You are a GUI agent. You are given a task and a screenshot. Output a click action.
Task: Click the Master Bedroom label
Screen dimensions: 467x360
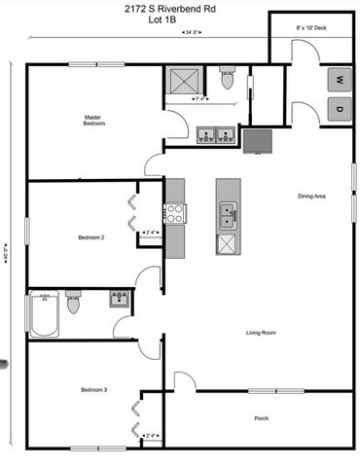[93, 121]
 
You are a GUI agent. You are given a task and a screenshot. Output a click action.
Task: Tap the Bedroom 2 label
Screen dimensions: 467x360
[91, 236]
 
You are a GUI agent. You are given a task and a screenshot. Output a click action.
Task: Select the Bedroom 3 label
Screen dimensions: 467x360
[93, 390]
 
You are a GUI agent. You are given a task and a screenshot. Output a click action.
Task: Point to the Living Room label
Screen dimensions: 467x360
[261, 333]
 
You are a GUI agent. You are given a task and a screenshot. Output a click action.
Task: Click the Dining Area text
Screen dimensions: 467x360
[311, 197]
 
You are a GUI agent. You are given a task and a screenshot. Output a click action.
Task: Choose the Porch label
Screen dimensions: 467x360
[261, 418]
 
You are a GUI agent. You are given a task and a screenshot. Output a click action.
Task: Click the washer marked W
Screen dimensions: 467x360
[339, 79]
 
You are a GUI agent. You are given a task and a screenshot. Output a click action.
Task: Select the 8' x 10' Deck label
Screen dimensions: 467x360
[311, 28]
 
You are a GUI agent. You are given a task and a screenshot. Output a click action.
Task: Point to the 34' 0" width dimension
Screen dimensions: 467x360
[191, 33]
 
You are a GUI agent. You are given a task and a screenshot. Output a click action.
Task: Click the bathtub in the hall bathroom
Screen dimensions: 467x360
[45, 314]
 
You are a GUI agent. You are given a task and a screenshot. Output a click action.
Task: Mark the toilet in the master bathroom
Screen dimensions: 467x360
[229, 79]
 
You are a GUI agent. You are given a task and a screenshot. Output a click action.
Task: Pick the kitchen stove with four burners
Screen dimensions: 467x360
[175, 213]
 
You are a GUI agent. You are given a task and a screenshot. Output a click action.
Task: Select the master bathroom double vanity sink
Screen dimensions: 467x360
[215, 134]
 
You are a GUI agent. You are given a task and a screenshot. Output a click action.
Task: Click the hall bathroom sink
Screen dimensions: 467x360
[120, 298]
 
